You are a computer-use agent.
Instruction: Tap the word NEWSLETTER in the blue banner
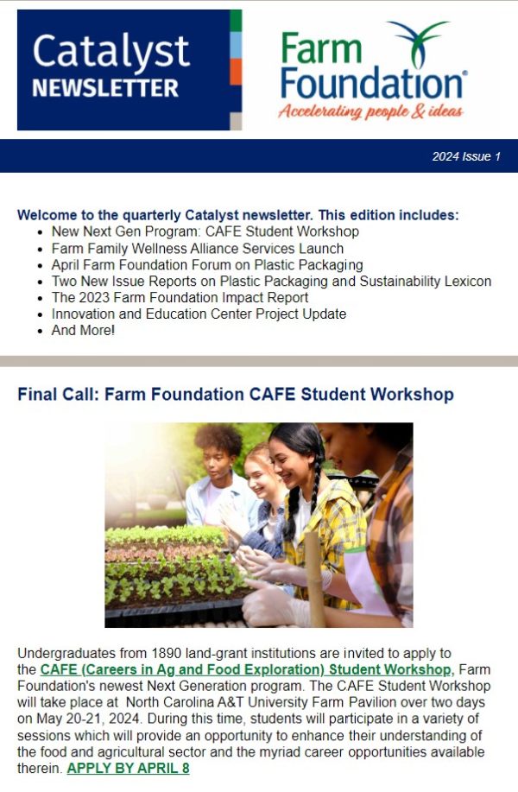click(x=105, y=89)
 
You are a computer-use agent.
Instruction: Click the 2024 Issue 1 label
click(x=466, y=156)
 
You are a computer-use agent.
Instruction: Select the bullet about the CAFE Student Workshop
click(x=205, y=231)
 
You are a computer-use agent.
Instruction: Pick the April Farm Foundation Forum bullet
click(x=206, y=265)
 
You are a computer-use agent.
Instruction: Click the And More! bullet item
click(x=83, y=331)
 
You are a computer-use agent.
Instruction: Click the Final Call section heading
click(x=235, y=395)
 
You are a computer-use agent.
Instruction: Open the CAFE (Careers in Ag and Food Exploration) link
click(x=246, y=669)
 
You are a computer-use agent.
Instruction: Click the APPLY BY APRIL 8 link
click(x=128, y=768)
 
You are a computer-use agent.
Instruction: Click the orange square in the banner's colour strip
click(x=236, y=71)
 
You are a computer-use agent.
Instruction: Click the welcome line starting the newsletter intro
click(x=237, y=215)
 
